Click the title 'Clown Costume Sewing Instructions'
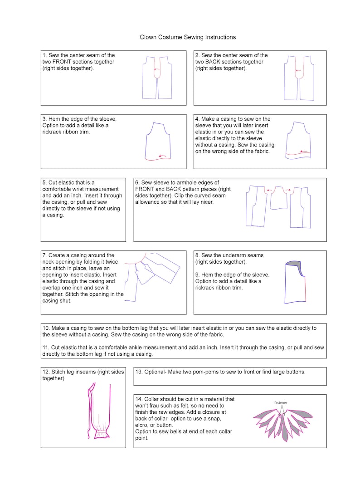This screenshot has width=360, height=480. pyautogui.click(x=188, y=37)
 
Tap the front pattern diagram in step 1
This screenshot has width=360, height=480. pyautogui.click(x=157, y=78)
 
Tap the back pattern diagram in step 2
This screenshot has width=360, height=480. pyautogui.click(x=299, y=78)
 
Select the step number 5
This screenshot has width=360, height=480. pyautogui.click(x=44, y=182)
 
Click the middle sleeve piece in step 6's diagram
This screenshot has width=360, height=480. pyautogui.click(x=278, y=198)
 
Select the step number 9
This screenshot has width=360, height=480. pyautogui.click(x=197, y=275)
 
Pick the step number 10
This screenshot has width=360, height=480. pyautogui.click(x=46, y=328)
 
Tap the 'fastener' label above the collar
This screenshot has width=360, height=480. pyautogui.click(x=281, y=402)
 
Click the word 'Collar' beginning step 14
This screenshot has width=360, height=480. pyautogui.click(x=155, y=399)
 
